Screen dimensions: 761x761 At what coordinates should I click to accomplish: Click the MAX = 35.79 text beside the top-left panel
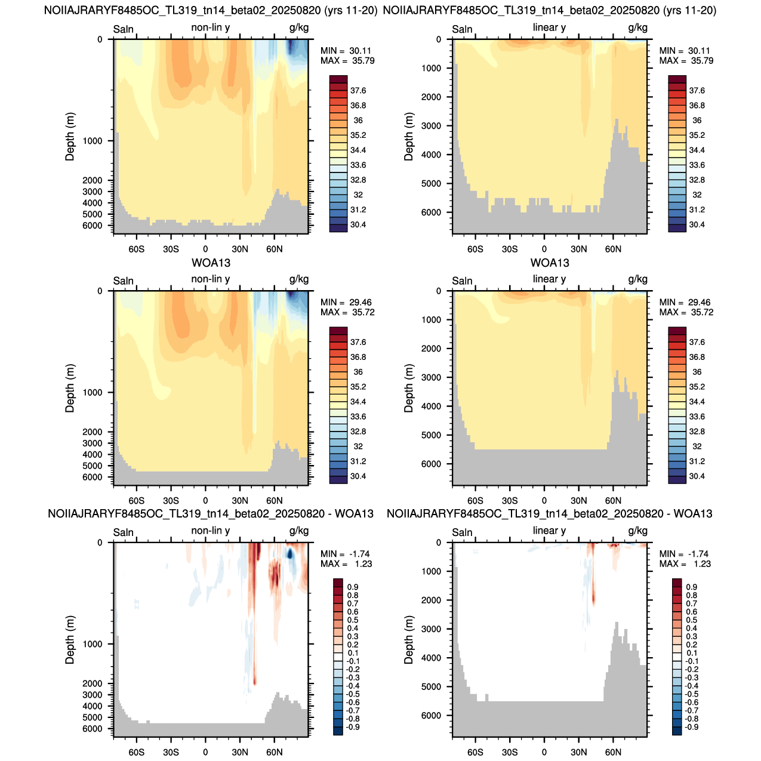click(x=347, y=61)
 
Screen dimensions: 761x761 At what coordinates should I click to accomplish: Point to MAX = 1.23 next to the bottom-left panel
click(x=346, y=564)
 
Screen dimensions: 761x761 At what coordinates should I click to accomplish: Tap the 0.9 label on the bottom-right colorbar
click(x=692, y=587)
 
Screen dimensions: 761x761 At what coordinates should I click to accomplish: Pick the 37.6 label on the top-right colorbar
click(x=697, y=91)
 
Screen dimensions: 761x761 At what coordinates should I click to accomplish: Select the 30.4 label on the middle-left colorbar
click(x=358, y=476)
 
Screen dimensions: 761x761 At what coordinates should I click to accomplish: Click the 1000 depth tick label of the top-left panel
click(x=93, y=141)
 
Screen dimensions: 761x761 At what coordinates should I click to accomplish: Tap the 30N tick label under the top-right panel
click(x=578, y=249)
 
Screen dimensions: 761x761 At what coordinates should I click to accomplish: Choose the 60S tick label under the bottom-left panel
click(x=137, y=752)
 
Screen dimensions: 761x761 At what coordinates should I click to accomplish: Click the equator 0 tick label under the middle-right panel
click(x=544, y=501)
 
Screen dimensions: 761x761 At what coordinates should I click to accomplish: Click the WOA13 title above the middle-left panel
click(x=211, y=263)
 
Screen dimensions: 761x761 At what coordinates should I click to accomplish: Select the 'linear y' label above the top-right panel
click(x=549, y=27)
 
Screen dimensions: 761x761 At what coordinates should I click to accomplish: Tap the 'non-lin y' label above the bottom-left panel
click(x=211, y=531)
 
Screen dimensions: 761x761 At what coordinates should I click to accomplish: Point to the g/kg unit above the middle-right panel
click(x=638, y=279)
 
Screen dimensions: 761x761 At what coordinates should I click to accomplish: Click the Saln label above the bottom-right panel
click(x=462, y=532)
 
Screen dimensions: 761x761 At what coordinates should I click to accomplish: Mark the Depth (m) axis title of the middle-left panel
click(x=70, y=388)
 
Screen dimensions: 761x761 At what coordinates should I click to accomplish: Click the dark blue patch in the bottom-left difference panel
click(x=290, y=554)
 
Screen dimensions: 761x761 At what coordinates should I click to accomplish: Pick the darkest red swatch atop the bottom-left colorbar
click(x=338, y=583)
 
